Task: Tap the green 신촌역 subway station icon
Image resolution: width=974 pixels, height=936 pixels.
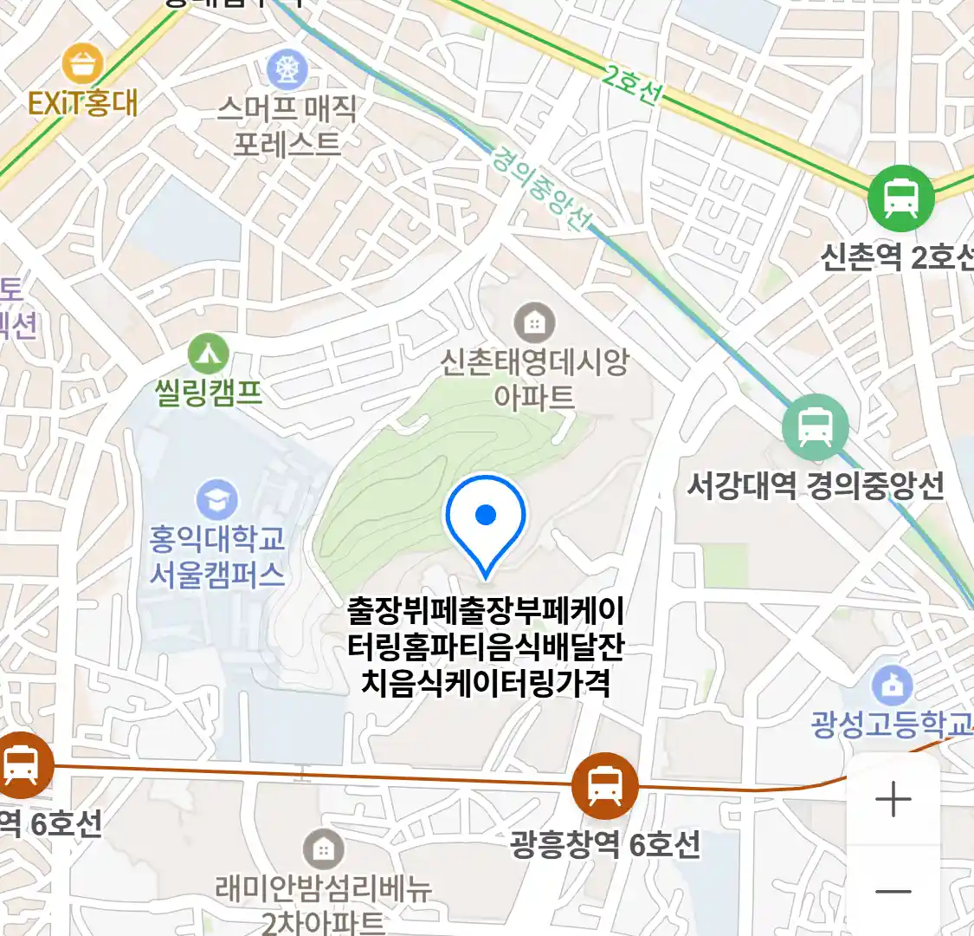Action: coord(901,198)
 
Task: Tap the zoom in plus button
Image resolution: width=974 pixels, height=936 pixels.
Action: coord(893,799)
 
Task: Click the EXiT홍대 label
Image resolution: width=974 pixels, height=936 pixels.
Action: coord(82,104)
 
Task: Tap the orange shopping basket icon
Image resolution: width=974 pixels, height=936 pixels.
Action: coord(83,65)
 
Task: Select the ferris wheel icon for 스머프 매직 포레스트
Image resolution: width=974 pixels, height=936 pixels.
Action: coord(287,69)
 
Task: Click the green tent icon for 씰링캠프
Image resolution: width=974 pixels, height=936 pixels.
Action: coord(209,354)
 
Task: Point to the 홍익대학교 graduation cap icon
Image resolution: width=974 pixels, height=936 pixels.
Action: coord(216,500)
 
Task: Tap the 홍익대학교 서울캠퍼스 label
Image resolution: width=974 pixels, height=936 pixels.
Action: coord(216,556)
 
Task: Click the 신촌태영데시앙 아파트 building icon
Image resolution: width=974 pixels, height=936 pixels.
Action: coord(534,323)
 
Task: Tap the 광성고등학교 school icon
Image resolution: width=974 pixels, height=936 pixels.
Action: coord(892,686)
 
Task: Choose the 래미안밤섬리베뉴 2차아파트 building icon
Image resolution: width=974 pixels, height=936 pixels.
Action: coord(323,849)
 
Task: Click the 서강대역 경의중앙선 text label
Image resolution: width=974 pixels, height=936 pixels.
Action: coord(815,486)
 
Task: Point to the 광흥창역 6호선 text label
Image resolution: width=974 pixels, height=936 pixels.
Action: coord(604,843)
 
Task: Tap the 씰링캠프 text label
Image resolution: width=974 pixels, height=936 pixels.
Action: coord(209,393)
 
